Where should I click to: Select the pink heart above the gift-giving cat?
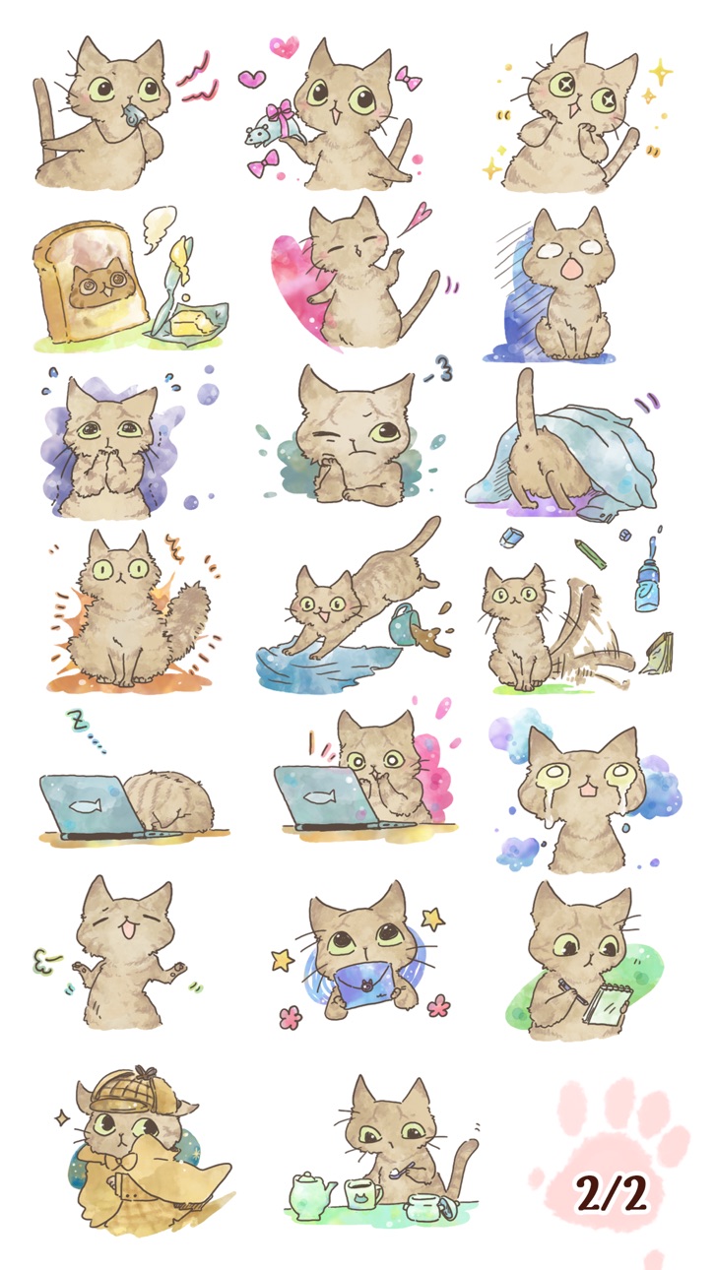[284, 46]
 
